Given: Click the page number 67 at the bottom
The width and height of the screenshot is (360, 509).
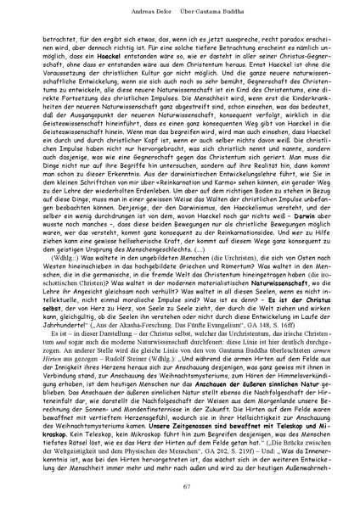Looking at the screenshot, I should click(x=179, y=486).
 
